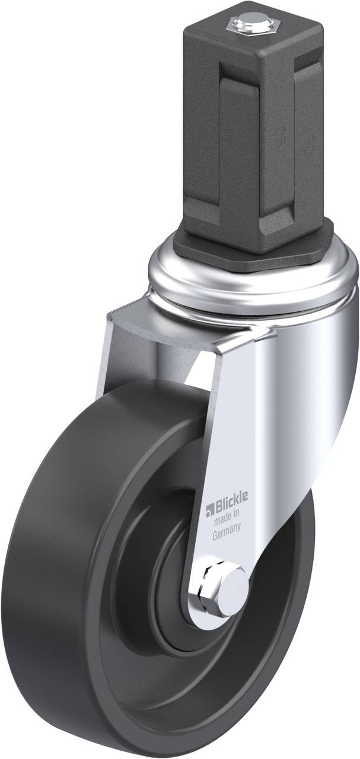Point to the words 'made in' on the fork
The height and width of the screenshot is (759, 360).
226,520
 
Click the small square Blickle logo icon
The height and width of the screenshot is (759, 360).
209,508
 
